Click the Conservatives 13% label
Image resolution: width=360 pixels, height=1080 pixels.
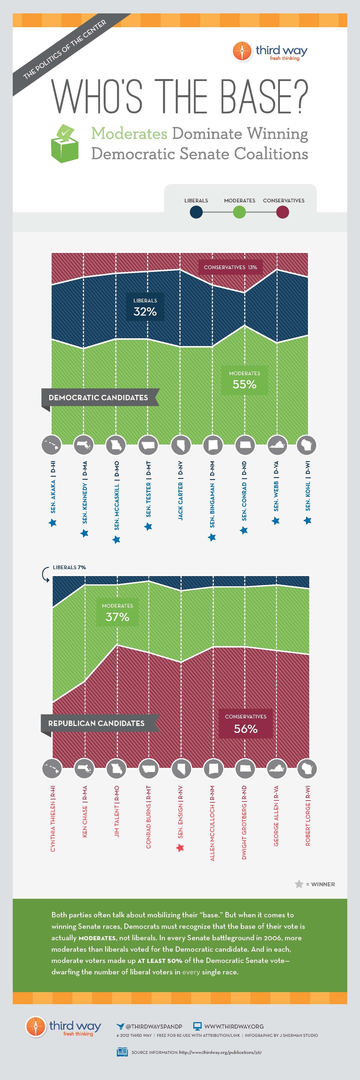coord(230,267)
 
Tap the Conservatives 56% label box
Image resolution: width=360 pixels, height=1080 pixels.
coord(246,724)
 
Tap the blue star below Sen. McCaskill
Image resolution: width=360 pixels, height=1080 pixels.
coord(117,540)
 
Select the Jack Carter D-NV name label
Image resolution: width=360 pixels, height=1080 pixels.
coord(180,490)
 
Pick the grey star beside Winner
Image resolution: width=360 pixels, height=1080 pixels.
coord(299,884)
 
